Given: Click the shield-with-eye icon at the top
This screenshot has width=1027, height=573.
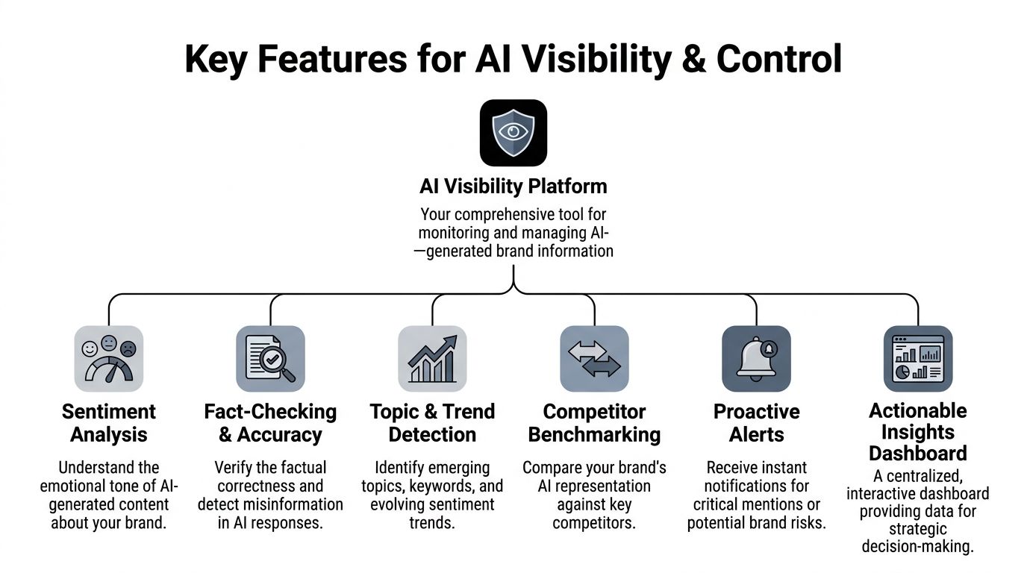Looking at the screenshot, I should pos(513,133).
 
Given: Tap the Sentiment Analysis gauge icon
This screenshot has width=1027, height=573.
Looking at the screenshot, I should pos(109,359).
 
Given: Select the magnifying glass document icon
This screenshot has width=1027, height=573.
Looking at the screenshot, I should pos(270,359).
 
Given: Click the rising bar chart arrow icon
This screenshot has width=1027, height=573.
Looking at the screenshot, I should pos(432,359).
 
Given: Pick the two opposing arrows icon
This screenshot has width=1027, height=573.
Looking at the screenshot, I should pos(594,359).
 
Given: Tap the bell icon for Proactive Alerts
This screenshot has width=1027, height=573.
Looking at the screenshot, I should pos(756,359).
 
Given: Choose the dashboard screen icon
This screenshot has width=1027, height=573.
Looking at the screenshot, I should pos(918,359).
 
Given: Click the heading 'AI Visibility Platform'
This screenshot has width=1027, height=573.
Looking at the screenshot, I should pos(513,186).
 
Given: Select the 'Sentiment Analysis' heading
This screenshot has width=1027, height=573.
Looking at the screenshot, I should pos(109,423).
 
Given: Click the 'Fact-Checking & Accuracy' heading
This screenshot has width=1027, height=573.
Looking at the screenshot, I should pos(270,423).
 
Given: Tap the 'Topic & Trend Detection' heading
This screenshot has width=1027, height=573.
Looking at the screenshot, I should pos(432,423).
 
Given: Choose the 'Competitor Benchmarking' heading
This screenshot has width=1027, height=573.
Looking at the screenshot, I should pos(594,423).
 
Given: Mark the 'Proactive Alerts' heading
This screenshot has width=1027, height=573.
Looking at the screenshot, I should pos(756,423).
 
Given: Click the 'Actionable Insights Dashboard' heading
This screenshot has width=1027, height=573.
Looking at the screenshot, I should pos(918,432).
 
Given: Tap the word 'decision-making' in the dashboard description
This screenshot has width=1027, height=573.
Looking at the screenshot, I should pos(918,547).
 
